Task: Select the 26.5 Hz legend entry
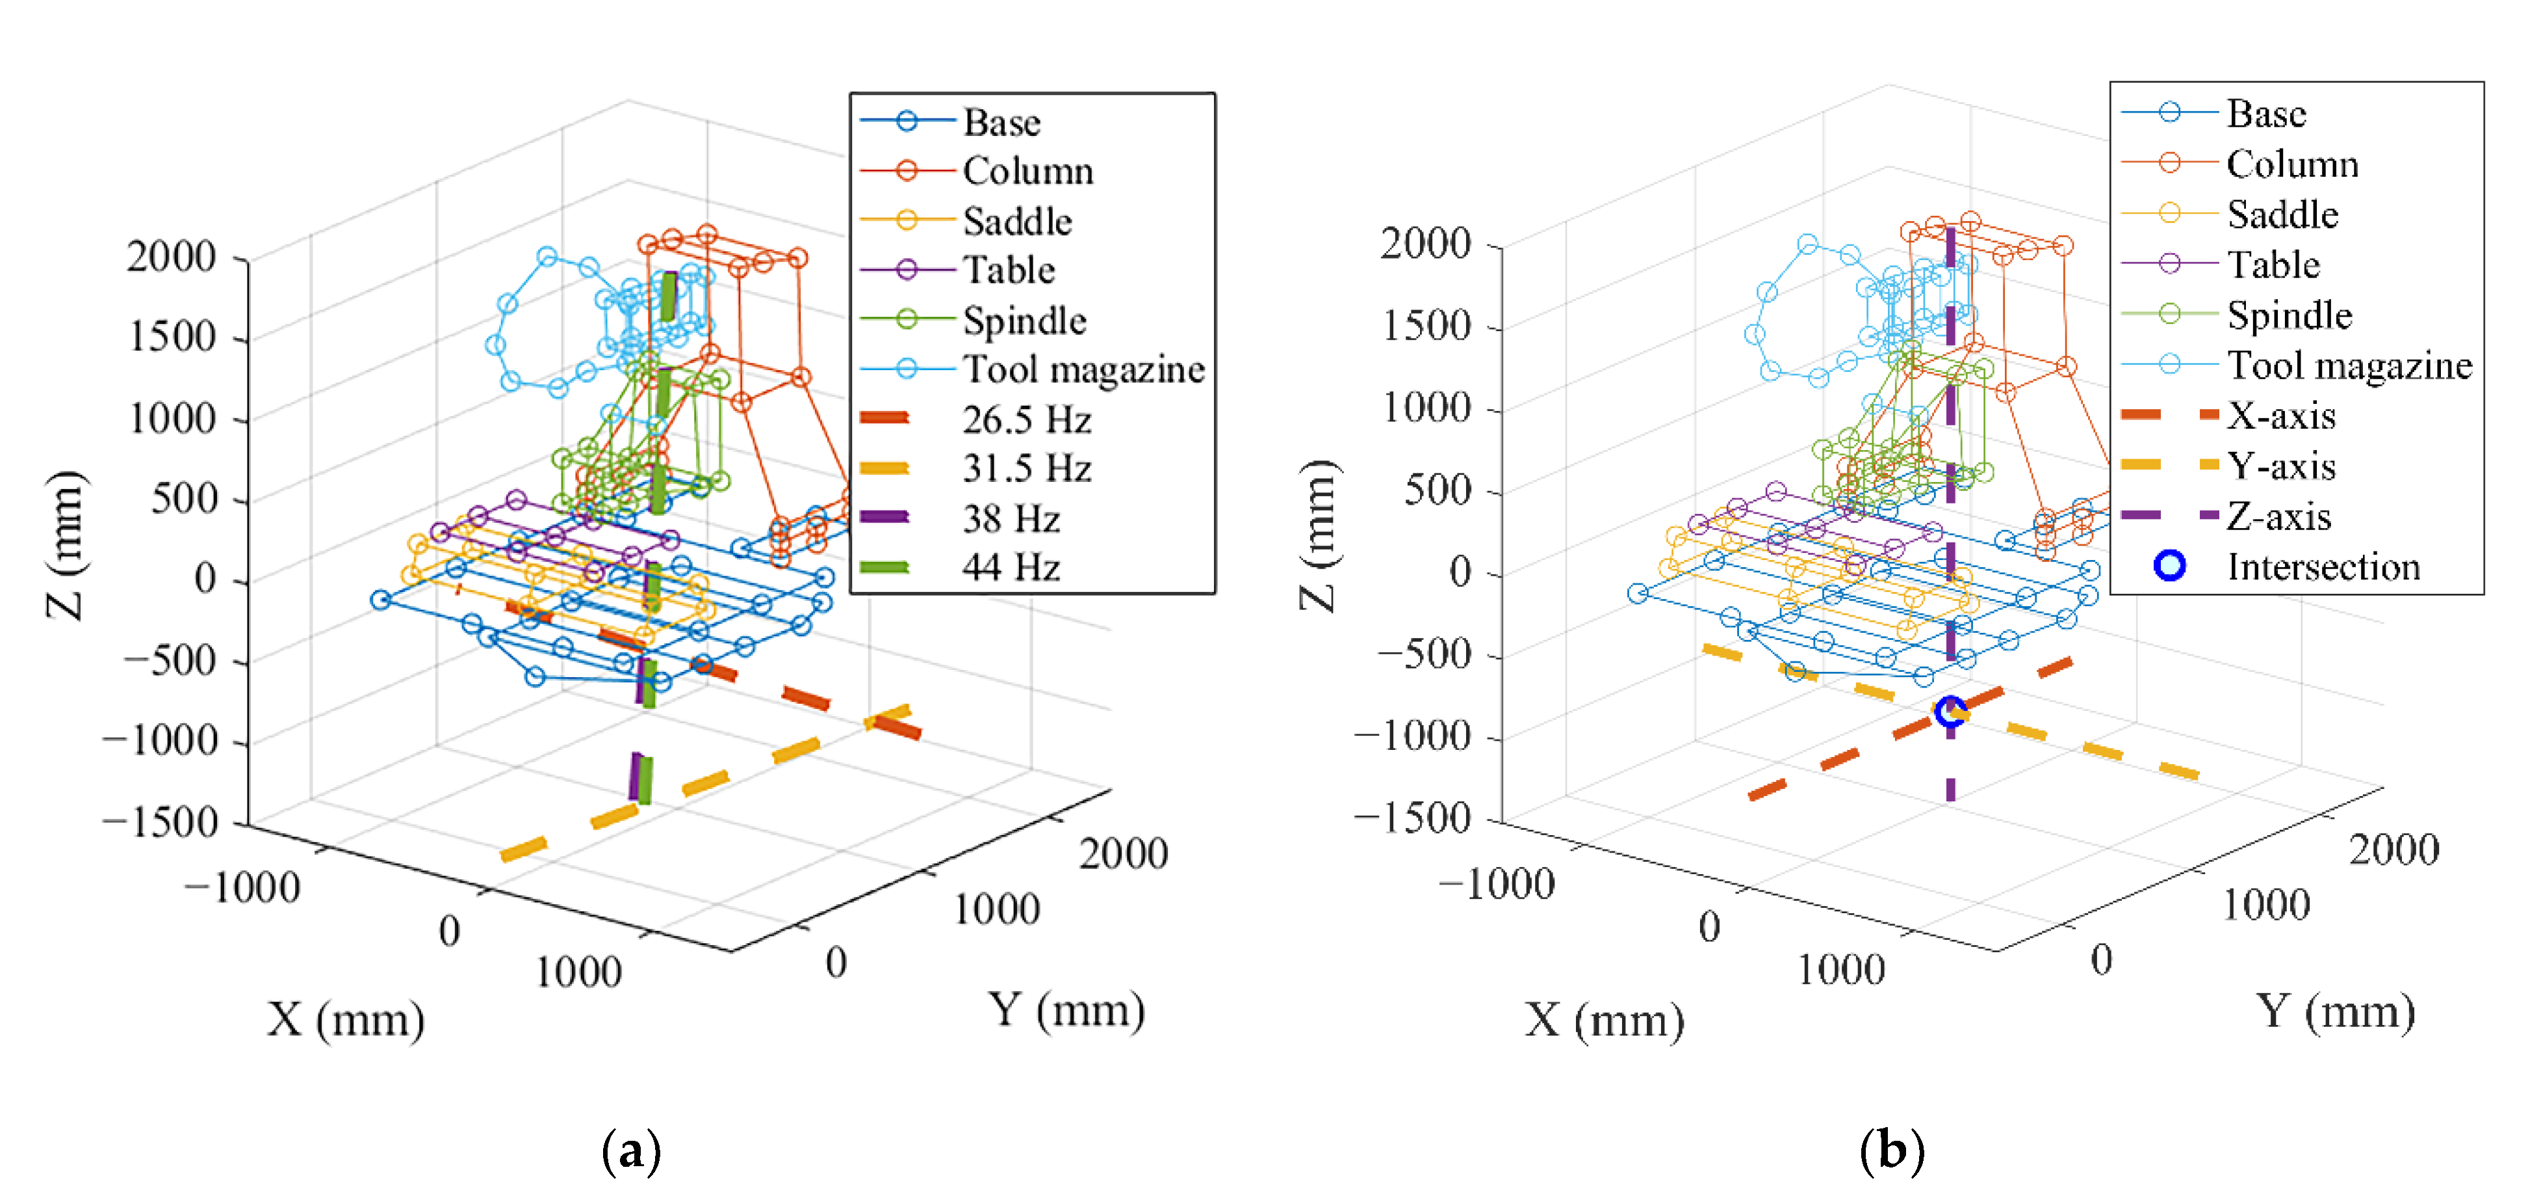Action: pyautogui.click(x=1026, y=420)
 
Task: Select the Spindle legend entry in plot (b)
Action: pyautogui.click(x=2288, y=315)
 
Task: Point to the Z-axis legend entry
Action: pyautogui.click(x=2278, y=516)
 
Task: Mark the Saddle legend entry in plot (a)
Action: pyautogui.click(x=1016, y=221)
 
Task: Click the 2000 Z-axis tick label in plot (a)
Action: pyautogui.click(x=171, y=256)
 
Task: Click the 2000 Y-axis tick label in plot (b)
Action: pyautogui.click(x=2393, y=849)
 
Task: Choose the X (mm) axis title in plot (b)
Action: pyautogui.click(x=1604, y=1020)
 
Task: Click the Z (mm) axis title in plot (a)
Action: pyautogui.click(x=67, y=545)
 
